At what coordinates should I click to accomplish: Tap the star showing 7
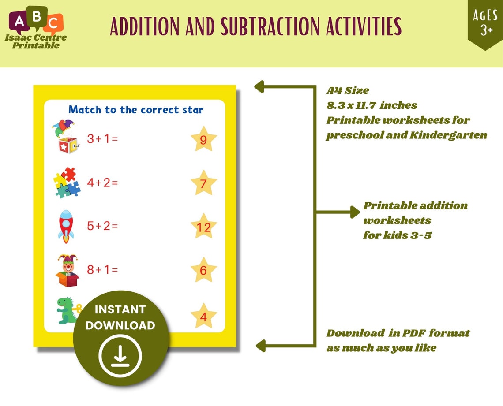203,183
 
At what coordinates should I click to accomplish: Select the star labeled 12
203,227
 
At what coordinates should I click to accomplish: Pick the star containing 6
203,270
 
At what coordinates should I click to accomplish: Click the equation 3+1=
102,139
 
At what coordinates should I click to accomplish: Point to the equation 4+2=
102,182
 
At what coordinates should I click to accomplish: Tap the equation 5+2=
102,226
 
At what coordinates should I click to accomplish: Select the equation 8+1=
102,269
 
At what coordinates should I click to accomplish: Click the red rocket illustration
66,226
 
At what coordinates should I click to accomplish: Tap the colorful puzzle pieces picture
67,182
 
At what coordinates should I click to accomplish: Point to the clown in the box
67,270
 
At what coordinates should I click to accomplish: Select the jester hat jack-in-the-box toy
64,137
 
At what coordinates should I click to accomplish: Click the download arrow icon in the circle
120,355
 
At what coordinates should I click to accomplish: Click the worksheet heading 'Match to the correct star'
136,109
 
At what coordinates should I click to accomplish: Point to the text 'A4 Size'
348,91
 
